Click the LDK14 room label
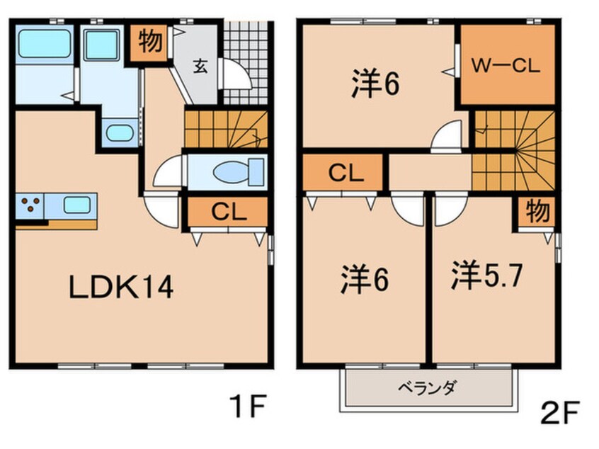coord(120,288)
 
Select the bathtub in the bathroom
coord(44,44)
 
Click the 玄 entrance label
coord(200,67)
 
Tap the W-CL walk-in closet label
coord(506,67)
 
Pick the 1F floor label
coord(249,409)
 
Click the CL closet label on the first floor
coord(227,212)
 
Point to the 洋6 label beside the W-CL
coord(375,84)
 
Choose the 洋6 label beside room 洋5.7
coord(355,278)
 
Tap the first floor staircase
coord(225,130)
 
